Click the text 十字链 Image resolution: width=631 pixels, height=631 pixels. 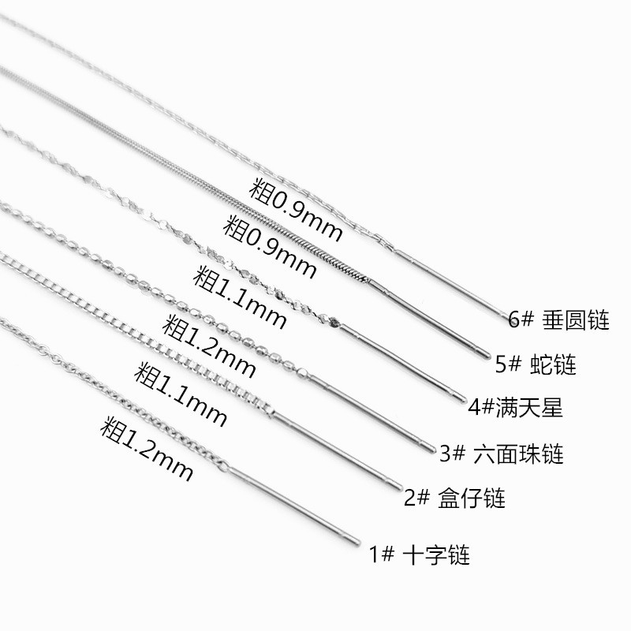coord(436,554)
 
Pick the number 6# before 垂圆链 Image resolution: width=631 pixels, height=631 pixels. coord(524,320)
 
